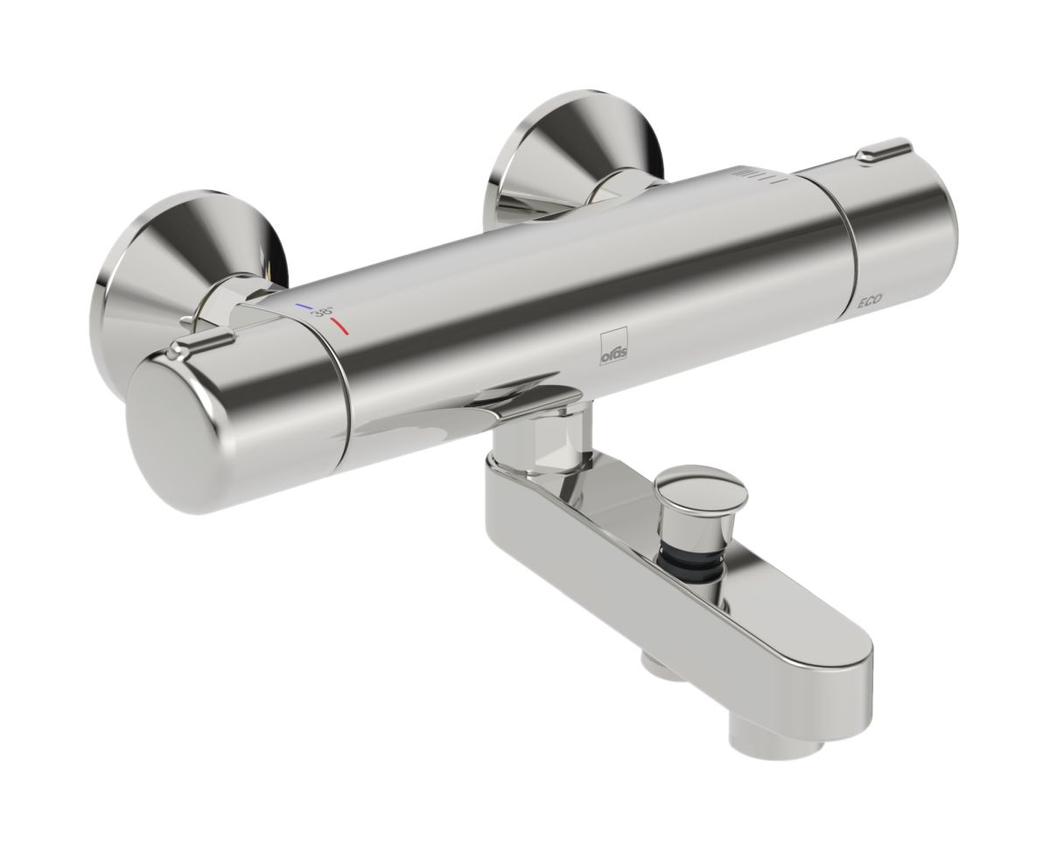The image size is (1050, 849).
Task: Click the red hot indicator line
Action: point(339,329)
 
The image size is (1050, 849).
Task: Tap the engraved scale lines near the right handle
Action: point(752,174)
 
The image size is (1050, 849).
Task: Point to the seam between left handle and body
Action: point(342,385)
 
